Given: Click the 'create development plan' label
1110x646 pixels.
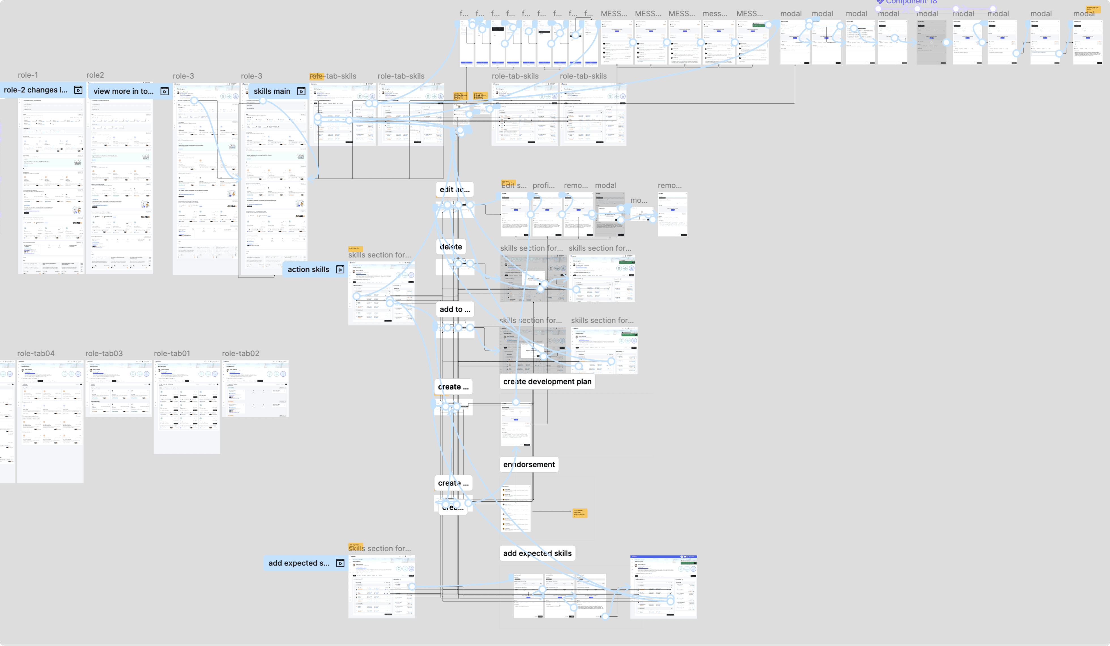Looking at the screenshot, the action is coord(547,382).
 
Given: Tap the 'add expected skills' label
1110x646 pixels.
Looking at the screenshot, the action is coord(537,553).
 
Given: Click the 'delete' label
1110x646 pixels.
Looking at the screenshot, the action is coord(451,247).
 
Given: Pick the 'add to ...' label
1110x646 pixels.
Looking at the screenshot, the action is coord(455,310).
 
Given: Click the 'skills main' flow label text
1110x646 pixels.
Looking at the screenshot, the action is coord(272,91).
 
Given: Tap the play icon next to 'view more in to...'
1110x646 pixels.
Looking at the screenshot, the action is coord(164,91).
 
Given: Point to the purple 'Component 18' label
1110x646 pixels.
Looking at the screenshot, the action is coord(911,2).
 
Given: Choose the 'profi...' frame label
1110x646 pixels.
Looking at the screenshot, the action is coord(543,186).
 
